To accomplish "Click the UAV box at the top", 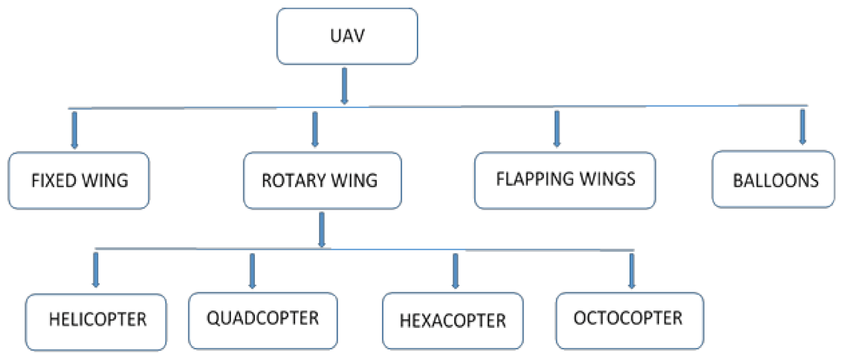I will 347,36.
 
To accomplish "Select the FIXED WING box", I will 79,180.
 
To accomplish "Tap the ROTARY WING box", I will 322,180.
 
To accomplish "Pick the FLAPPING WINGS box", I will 565,180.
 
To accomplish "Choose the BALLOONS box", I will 773,179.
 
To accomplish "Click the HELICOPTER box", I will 96,322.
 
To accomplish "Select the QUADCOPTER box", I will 263,321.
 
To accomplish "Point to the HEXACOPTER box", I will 453,321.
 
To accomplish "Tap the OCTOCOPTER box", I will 629,321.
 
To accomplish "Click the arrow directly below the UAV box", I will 344,86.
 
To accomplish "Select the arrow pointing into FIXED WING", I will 74,130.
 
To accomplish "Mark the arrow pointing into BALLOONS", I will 802,126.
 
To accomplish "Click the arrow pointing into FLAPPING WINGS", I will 557,128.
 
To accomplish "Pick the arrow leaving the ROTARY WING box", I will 322,230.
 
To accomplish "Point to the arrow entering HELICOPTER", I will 96,269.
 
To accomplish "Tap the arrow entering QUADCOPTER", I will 252,271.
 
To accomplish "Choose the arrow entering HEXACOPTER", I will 455,271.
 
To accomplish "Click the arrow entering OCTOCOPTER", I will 631,271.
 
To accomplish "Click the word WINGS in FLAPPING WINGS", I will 607,179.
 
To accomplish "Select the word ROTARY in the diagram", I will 294,181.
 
